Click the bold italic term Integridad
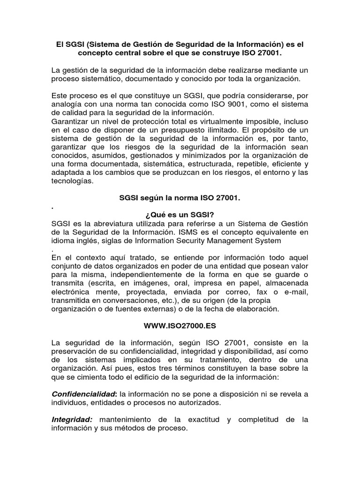pos(72,420)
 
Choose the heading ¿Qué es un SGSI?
pos(180,214)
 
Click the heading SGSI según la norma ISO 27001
pos(180,198)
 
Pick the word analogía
pos(68,104)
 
